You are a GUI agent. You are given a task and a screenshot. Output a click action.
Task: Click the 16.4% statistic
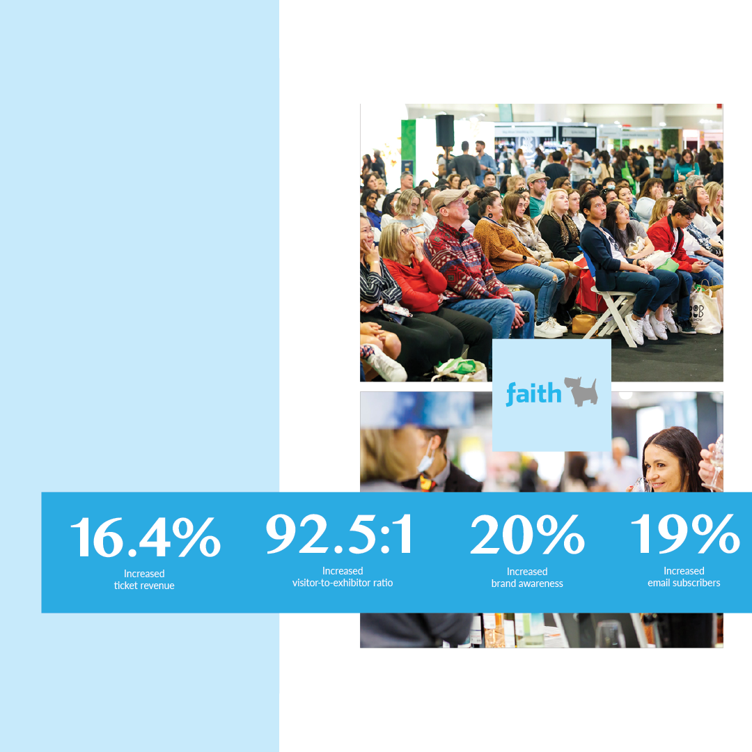(x=146, y=537)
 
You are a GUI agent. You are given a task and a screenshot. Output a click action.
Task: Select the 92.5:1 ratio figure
(x=339, y=534)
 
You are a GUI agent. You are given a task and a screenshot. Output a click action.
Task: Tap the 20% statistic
(x=527, y=534)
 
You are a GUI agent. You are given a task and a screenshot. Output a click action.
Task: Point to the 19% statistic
(x=685, y=534)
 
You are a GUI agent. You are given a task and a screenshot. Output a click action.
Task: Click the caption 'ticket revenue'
(x=144, y=586)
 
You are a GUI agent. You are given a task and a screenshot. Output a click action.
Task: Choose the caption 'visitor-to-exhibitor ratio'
(x=343, y=583)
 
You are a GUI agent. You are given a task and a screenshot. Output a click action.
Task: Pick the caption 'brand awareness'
(x=527, y=583)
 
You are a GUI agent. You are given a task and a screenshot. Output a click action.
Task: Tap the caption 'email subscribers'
(x=684, y=583)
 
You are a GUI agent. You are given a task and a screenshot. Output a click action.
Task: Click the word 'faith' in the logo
(x=533, y=393)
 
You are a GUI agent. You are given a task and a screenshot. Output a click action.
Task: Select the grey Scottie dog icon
(x=581, y=391)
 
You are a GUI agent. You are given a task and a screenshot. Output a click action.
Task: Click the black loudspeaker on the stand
(x=444, y=130)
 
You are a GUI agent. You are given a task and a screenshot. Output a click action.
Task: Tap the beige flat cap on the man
(x=448, y=197)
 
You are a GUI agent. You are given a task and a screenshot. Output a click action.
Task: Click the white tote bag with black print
(x=705, y=311)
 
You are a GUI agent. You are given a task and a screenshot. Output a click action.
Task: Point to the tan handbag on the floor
(x=584, y=324)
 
